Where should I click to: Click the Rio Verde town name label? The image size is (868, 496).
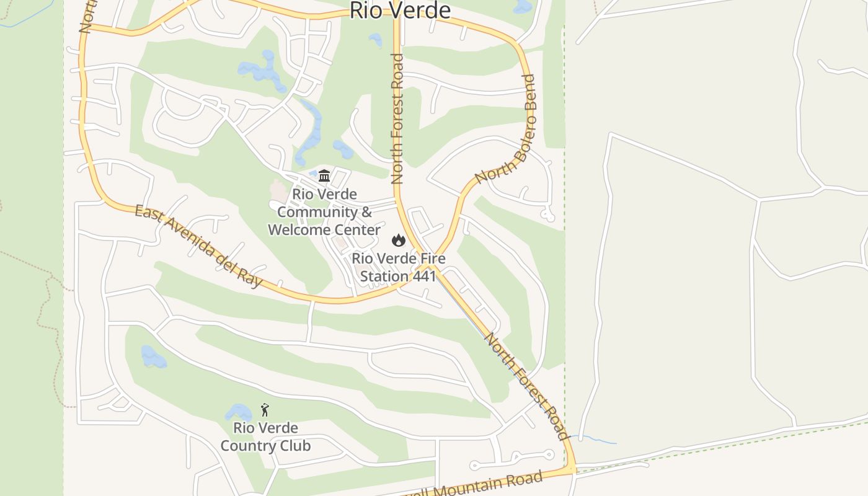tap(400, 11)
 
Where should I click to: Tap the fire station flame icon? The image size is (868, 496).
tap(399, 240)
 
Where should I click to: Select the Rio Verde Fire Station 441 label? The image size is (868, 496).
tap(399, 267)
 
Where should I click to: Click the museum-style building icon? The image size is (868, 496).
tap(324, 175)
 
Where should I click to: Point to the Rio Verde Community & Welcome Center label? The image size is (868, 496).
tap(324, 212)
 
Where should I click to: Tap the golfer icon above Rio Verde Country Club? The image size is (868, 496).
tap(265, 410)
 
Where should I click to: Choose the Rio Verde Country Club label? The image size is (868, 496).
tap(265, 437)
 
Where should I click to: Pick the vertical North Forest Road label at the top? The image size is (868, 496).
tap(397, 119)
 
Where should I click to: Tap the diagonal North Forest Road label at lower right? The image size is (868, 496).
tap(526, 386)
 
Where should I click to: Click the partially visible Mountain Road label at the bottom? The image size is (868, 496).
tap(490, 485)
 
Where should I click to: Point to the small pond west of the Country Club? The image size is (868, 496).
tap(153, 357)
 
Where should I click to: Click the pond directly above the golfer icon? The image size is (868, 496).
tap(238, 412)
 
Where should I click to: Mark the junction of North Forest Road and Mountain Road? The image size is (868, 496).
tap(574, 471)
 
